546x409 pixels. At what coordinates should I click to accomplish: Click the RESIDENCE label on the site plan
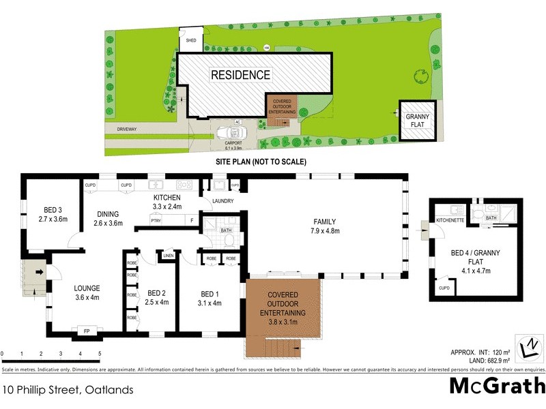pos(240,75)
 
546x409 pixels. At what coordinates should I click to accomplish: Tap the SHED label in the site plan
pos(191,41)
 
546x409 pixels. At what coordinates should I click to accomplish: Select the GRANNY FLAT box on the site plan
pos(418,121)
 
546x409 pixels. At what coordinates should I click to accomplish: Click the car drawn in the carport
pos(227,134)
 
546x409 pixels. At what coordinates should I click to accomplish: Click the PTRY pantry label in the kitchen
pos(156,220)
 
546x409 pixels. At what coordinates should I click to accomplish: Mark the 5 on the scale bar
pos(100,354)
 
